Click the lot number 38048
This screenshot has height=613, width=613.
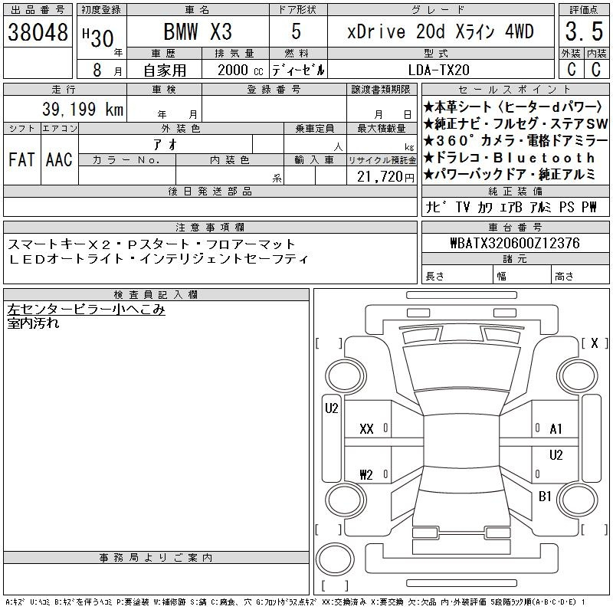(x=38, y=31)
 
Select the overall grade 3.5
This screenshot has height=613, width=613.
(x=584, y=31)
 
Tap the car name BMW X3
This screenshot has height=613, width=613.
(x=198, y=31)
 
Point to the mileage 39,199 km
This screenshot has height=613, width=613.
(x=83, y=109)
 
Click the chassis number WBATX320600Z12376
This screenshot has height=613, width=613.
(x=515, y=243)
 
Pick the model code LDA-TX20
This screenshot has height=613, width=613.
(x=438, y=70)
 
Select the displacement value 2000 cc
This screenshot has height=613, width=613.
(x=240, y=70)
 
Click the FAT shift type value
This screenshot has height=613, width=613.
(x=21, y=159)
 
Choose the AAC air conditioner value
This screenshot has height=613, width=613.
(x=59, y=159)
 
